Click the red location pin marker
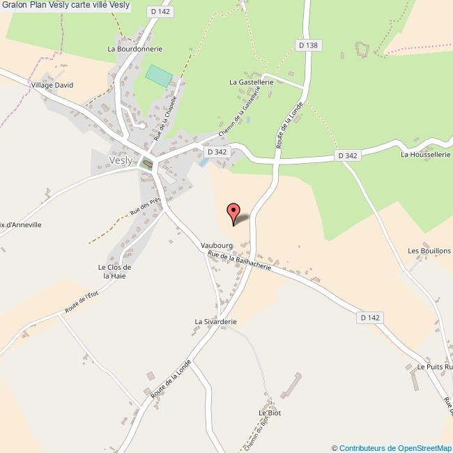[234, 213]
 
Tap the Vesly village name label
[120, 160]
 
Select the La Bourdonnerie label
[135, 49]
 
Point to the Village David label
[52, 85]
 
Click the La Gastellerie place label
[252, 82]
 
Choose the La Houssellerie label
[426, 155]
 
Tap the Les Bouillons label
[429, 251]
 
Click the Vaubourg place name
[215, 246]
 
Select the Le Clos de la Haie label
[115, 271]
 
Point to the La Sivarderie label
[216, 322]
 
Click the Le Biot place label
[269, 413]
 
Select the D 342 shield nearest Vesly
[217, 151]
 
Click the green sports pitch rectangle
[159, 75]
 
